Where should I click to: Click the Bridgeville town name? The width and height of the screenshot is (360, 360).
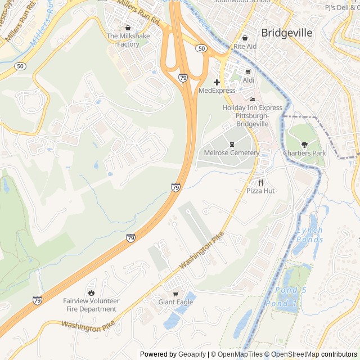pyautogui.click(x=287, y=33)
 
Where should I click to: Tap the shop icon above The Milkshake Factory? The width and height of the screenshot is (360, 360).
pyautogui.click(x=128, y=28)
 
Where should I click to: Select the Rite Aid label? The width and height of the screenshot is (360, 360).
pyautogui.click(x=245, y=46)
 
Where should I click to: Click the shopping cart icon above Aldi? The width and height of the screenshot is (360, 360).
pyautogui.click(x=248, y=72)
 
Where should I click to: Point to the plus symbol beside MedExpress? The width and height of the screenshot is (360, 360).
pyautogui.click(x=217, y=82)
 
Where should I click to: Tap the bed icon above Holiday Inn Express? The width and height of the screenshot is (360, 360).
pyautogui.click(x=252, y=100)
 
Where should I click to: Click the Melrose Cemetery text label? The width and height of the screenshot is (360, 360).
pyautogui.click(x=231, y=152)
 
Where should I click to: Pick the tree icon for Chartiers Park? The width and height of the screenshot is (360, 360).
pyautogui.click(x=304, y=145)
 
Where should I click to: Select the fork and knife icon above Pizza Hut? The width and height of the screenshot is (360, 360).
pyautogui.click(x=260, y=182)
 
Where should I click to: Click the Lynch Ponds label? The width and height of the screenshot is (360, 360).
pyautogui.click(x=309, y=235)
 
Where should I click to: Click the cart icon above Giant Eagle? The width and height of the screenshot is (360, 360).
pyautogui.click(x=175, y=294)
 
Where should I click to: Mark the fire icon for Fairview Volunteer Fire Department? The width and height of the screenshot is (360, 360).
pyautogui.click(x=91, y=292)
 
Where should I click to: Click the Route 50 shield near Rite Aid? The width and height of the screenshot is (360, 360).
pyautogui.click(x=201, y=49)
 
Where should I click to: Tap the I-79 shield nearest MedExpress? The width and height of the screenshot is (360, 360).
pyautogui.click(x=183, y=78)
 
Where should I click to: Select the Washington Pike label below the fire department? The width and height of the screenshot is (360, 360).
pyautogui.click(x=88, y=326)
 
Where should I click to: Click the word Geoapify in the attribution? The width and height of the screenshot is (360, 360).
pyautogui.click(x=193, y=354)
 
